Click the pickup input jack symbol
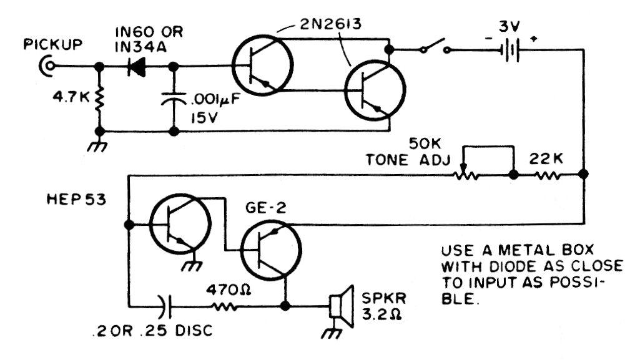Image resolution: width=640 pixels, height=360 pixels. tap(47, 66)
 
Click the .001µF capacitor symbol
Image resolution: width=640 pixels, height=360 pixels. tap(174, 98)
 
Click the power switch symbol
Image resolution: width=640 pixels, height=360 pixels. tap(435, 46)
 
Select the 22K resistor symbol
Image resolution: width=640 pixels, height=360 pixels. tap(548, 175)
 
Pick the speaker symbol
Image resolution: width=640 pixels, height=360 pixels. tap(342, 306)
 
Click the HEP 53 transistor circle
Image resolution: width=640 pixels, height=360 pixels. tap(180, 223)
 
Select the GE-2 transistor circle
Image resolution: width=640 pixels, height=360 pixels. tap(271, 250)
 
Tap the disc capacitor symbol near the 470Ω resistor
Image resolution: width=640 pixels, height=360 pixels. tap(166, 306)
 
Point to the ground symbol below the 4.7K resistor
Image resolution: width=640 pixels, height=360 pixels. tap(99, 145)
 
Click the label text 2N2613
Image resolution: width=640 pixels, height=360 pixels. tap(330, 24)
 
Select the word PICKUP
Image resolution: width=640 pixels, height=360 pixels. tap(53, 44)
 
